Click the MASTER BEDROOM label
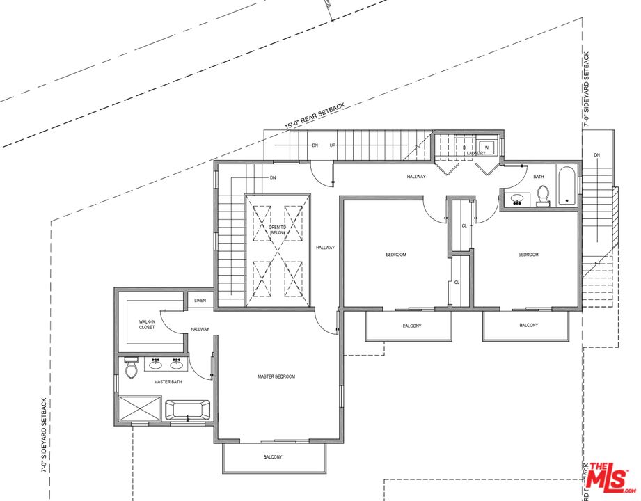pyautogui.click(x=276, y=376)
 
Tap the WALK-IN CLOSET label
pyautogui.click(x=147, y=324)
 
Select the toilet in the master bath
pyautogui.click(x=130, y=369)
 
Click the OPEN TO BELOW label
pyautogui.click(x=277, y=231)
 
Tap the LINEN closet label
pyautogui.click(x=200, y=301)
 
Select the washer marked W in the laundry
pyautogui.click(x=487, y=147)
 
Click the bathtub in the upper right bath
pyautogui.click(x=567, y=186)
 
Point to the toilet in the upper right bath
pyautogui.click(x=544, y=197)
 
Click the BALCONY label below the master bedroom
pyautogui.click(x=273, y=457)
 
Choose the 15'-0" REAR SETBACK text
pyautogui.click(x=315, y=116)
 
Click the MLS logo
pyautogui.click(x=608, y=476)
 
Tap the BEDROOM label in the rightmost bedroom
pyautogui.click(x=528, y=255)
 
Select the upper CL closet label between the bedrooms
pyautogui.click(x=464, y=225)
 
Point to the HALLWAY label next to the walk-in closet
pyautogui.click(x=199, y=329)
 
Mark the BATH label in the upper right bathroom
pyautogui.click(x=539, y=177)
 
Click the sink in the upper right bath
pyautogui.click(x=517, y=200)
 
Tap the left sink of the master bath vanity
pyautogui.click(x=155, y=363)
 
